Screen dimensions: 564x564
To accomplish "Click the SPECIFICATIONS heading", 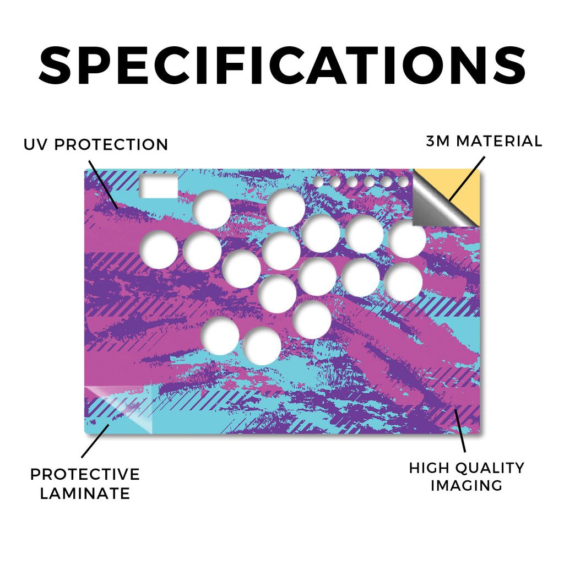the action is [282, 66].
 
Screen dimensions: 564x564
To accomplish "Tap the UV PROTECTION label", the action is [96, 145].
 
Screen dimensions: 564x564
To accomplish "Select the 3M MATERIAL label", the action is [484, 141].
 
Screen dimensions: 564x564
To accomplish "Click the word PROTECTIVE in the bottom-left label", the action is [85, 474].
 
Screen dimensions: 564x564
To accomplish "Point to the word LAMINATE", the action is [85, 493].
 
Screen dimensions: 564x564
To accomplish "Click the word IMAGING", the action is [467, 486].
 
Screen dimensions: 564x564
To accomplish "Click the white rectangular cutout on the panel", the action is [159, 186].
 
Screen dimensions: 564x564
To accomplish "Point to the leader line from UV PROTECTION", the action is [103, 185].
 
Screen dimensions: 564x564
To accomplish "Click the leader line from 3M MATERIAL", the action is [467, 178].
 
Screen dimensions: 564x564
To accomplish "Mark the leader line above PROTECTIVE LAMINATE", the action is [95, 441].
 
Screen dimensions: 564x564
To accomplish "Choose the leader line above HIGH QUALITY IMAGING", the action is [460, 430].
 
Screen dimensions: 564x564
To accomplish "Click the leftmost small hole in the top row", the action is [318, 182].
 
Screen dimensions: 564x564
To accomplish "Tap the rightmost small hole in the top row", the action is [403, 182].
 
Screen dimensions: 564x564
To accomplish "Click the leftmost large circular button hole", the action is [159, 250].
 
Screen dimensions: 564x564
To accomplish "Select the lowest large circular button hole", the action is [262, 346].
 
